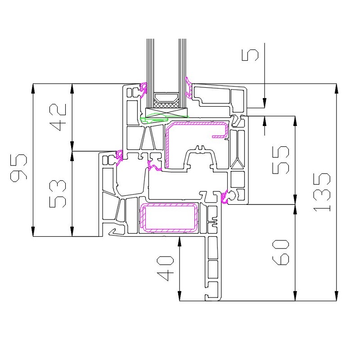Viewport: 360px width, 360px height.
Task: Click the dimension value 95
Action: pyautogui.click(x=19, y=168)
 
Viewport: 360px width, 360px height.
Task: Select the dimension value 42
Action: pyautogui.click(x=58, y=117)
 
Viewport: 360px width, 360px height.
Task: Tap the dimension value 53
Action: pyautogui.click(x=58, y=194)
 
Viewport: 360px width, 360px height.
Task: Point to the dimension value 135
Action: pyautogui.click(x=322, y=192)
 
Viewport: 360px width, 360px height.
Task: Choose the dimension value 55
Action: pyautogui.click(x=280, y=160)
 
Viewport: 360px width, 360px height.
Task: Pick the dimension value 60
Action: pyautogui.click(x=280, y=252)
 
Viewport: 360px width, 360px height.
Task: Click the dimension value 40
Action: pyautogui.click(x=165, y=268)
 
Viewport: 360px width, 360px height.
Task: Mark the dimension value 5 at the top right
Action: pyautogui.click(x=250, y=55)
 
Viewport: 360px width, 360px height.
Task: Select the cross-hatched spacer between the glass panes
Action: pyautogui.click(x=166, y=105)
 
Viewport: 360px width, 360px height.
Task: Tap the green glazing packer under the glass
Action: pyautogui.click(x=154, y=119)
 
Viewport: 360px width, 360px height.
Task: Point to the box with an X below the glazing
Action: pyautogui.click(x=166, y=112)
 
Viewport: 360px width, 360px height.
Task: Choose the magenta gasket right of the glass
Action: pyautogui.click(x=189, y=87)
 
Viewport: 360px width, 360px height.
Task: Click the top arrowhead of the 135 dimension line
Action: pyautogui.click(x=336, y=88)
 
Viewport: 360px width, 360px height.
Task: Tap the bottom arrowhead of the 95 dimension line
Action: pyautogui.click(x=33, y=231)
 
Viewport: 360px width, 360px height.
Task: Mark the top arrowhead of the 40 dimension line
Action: pyautogui.click(x=180, y=242)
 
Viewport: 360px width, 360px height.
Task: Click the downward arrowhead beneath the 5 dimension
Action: pyautogui.click(x=265, y=103)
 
